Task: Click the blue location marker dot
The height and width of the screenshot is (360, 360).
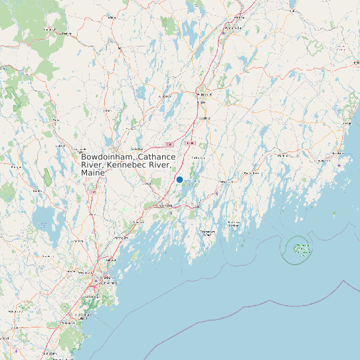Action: (x=179, y=179)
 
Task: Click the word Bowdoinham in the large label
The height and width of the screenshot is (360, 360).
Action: (x=106, y=157)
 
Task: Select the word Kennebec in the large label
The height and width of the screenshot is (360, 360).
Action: (x=131, y=165)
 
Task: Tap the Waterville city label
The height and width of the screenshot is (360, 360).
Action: (x=233, y=29)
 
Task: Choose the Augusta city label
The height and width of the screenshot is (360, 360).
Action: (x=204, y=96)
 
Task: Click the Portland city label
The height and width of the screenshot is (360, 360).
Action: (x=104, y=278)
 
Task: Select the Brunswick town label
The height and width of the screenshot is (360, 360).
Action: (x=164, y=206)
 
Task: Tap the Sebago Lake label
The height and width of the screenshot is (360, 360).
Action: (x=44, y=224)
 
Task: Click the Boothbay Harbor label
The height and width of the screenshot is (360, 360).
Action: (x=210, y=232)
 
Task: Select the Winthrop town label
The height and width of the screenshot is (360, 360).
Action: (x=164, y=96)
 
